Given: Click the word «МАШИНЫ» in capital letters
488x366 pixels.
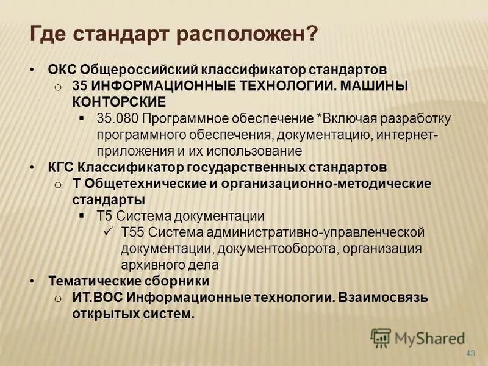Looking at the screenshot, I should tap(374, 86).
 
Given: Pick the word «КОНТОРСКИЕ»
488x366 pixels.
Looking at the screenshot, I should tap(118, 101).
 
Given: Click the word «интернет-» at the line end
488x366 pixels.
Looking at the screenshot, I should tap(403, 134).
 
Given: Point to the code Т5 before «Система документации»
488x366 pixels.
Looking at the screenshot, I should tap(104, 216).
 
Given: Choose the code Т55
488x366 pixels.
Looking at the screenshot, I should tap(132, 232).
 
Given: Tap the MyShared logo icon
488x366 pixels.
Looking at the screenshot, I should tap(381, 337).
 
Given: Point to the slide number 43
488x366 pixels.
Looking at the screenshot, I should tap(470, 354).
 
